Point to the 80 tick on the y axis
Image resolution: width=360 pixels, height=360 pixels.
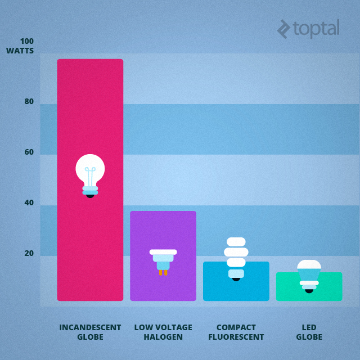[29, 102]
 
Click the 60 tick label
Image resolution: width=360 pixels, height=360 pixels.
[29, 152]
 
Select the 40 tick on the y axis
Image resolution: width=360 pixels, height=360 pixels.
[29, 203]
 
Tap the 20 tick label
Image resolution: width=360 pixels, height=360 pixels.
[29, 254]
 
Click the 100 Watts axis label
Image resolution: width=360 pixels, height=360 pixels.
[21, 46]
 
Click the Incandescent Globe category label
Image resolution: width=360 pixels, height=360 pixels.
[90, 332]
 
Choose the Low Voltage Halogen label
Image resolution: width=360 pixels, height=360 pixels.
[163, 332]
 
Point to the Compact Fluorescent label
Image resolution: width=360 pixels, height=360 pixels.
[236, 332]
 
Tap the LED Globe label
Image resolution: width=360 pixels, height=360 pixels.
[309, 332]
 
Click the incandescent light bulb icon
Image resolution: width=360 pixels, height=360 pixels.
[90, 175]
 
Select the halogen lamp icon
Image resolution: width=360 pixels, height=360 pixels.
[163, 260]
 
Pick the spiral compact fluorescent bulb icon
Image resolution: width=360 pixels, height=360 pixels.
[236, 258]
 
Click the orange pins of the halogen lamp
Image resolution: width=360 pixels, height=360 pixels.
[163, 272]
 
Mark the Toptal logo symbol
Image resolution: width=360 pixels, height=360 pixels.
[284, 29]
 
